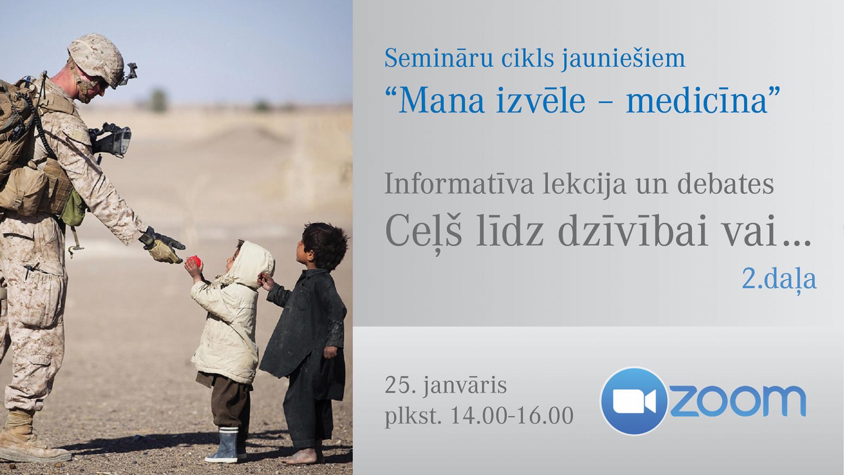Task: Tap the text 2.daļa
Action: pyautogui.click(x=779, y=279)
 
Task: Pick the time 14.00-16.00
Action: pyautogui.click(x=512, y=416)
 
